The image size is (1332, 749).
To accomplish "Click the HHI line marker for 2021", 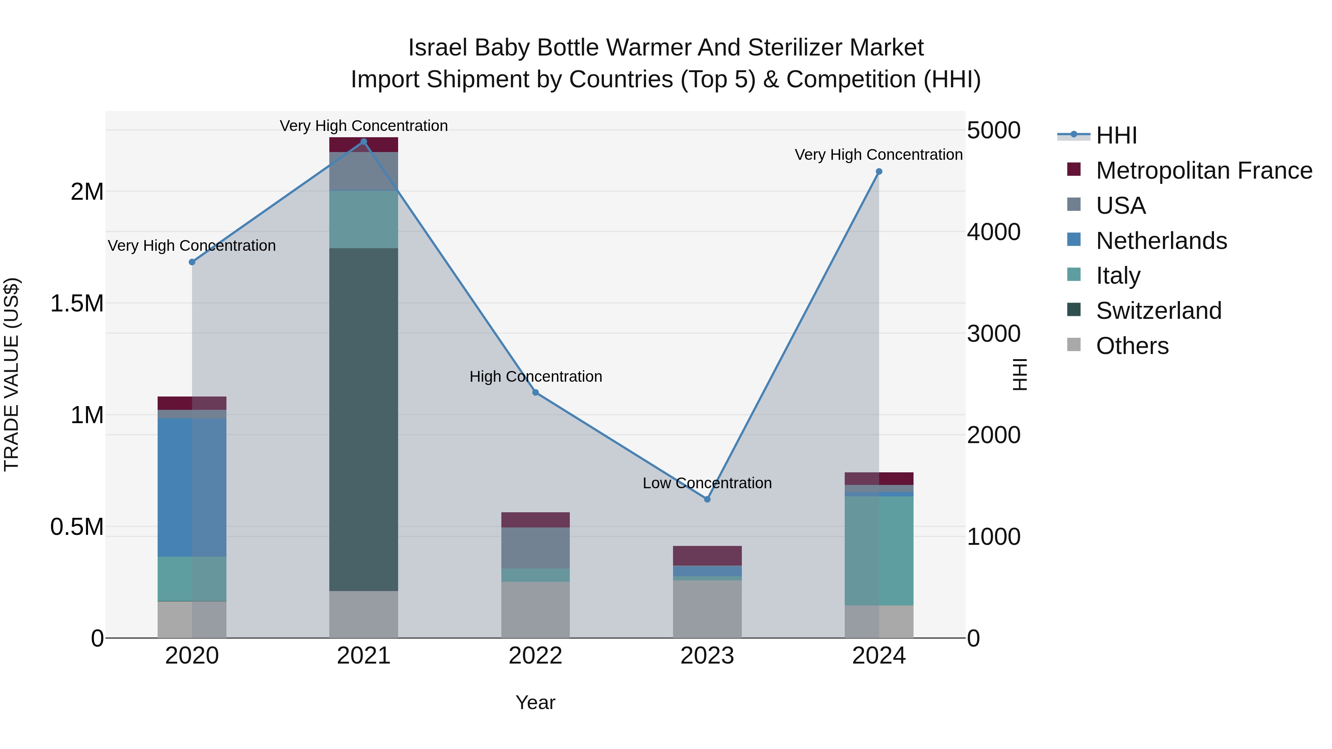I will pyautogui.click(x=363, y=142).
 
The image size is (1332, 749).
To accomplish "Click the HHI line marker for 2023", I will pyautogui.click(x=707, y=499).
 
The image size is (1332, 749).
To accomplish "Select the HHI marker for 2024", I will pyautogui.click(x=879, y=172).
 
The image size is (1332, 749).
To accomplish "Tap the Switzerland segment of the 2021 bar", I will pyautogui.click(x=363, y=419).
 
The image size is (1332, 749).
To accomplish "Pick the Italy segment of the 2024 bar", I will pyautogui.click(x=879, y=550).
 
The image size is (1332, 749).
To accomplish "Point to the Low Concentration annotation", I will pyautogui.click(x=707, y=483).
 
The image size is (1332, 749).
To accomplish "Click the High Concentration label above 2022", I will pyautogui.click(x=536, y=377).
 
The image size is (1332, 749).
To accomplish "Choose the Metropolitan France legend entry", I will pyautogui.click(x=1204, y=171).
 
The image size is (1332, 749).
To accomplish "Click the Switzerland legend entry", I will pyautogui.click(x=1158, y=311).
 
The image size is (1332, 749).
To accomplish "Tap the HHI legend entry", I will pyautogui.click(x=1116, y=135).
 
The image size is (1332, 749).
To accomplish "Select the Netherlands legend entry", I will pyautogui.click(x=1161, y=241).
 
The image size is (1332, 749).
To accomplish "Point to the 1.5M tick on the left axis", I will pyautogui.click(x=77, y=303).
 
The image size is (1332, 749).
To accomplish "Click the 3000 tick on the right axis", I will pyautogui.click(x=993, y=333).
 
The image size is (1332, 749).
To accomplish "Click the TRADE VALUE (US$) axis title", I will pyautogui.click(x=11, y=374).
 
